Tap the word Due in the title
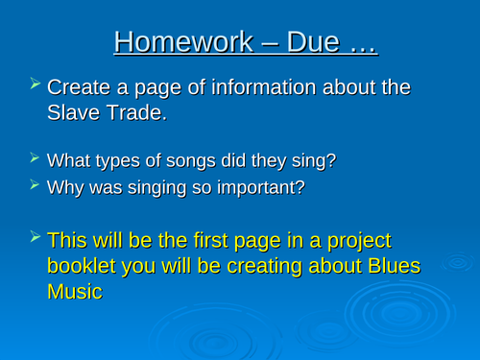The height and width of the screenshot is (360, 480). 306,43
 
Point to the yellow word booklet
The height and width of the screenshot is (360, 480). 86,266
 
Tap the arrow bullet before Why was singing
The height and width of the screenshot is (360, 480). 36,185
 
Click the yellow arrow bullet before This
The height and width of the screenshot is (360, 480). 36,237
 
